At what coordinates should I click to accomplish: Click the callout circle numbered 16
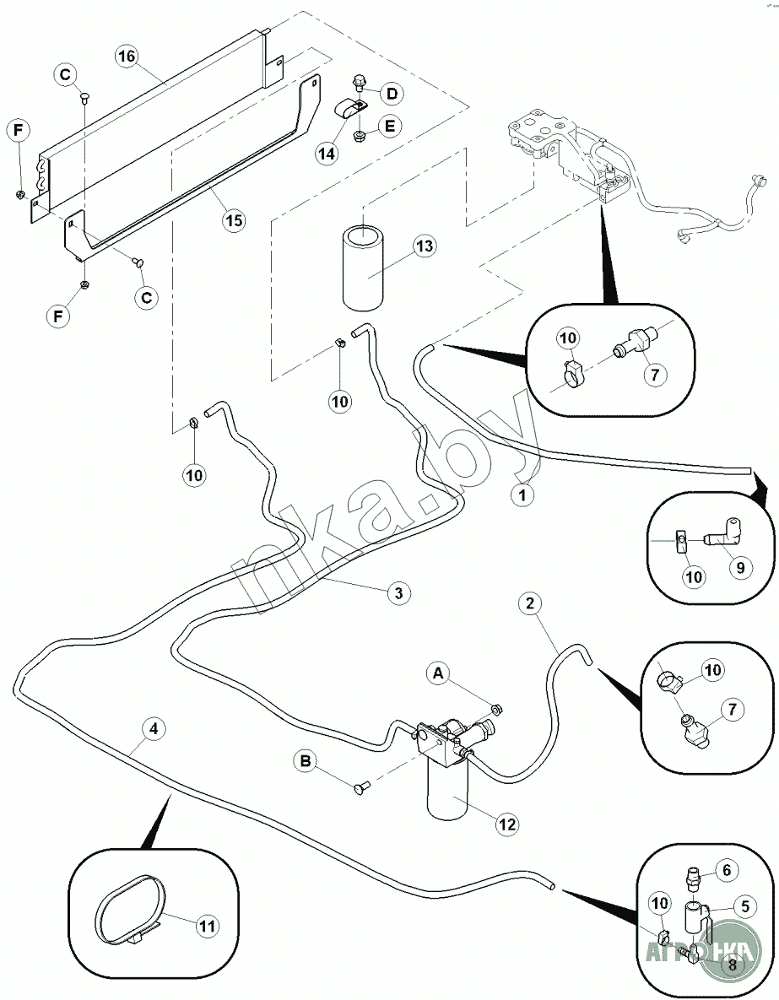pos(126,57)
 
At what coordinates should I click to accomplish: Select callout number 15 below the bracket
pos(233,220)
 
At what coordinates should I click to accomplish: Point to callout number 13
pos(425,246)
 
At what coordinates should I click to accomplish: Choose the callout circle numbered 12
pos(506,824)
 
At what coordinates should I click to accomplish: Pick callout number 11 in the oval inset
pos(207,925)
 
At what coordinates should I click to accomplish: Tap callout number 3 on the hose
pos(399,592)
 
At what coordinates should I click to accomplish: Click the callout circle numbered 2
pos(529,603)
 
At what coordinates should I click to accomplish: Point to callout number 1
pos(522,495)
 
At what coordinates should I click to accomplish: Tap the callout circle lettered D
pos(392,92)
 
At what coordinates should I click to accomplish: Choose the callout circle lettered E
pos(389,126)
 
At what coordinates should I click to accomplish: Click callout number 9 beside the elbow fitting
pos(739,567)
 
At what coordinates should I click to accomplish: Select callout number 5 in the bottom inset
pos(744,907)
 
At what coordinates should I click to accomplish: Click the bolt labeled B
pos(362,788)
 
